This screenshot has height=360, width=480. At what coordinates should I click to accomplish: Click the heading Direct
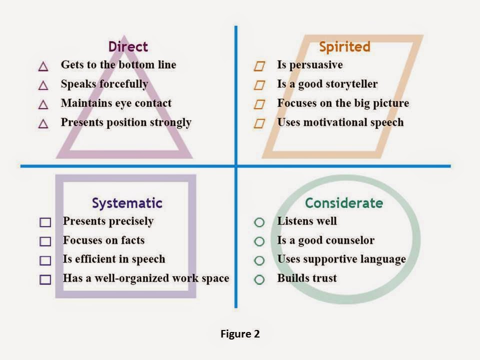(128, 47)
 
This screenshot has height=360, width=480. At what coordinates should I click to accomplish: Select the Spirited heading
(344, 47)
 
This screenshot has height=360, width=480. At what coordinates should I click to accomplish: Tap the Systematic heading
(127, 203)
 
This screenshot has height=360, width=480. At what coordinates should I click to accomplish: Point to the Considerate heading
(344, 203)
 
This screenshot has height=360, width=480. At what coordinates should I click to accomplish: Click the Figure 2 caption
(240, 334)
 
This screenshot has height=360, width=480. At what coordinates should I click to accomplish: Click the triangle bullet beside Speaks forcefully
(43, 85)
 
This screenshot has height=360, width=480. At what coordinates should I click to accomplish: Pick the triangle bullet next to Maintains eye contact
(43, 104)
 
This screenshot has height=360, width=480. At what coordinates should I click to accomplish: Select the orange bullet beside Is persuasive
(259, 66)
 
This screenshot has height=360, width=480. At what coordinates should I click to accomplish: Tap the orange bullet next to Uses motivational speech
(259, 123)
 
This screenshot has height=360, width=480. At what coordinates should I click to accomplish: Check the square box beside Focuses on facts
(45, 241)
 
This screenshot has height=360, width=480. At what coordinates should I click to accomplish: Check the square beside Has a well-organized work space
(45, 279)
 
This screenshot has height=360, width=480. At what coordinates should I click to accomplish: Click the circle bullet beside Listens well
(259, 222)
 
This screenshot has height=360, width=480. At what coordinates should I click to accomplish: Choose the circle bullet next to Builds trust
(259, 279)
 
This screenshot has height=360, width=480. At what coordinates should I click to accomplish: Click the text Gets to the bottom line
(118, 64)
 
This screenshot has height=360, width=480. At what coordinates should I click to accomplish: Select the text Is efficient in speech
(114, 259)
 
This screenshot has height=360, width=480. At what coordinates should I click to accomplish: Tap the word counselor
(350, 240)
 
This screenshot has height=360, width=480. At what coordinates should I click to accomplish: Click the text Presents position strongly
(126, 122)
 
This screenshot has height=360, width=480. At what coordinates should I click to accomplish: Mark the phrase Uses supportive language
(341, 259)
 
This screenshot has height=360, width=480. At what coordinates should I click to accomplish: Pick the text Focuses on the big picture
(343, 103)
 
